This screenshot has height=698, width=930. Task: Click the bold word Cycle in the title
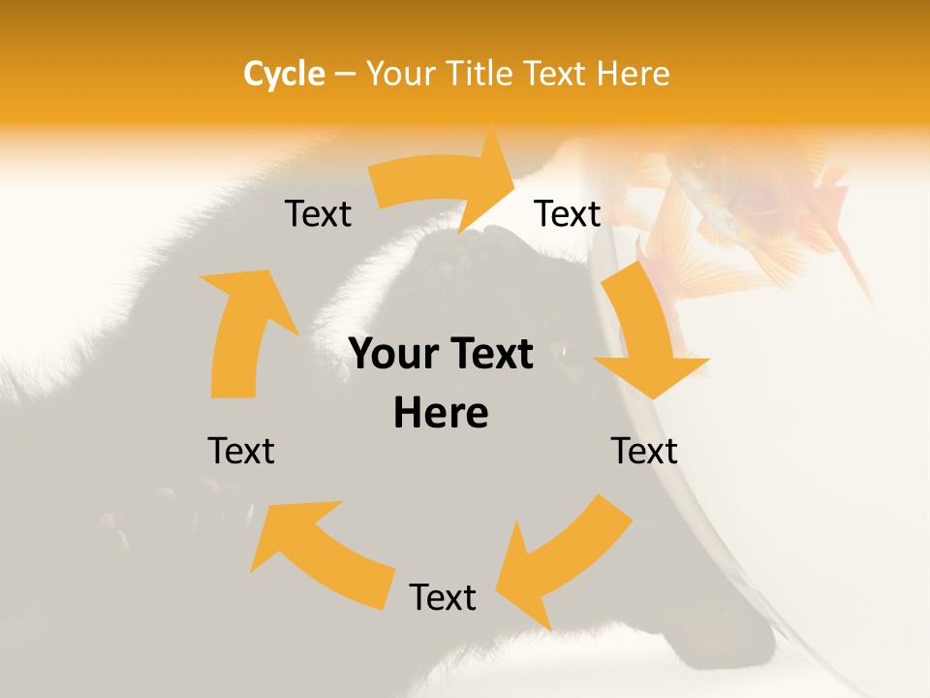click(284, 74)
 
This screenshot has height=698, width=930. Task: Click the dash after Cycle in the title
click(344, 75)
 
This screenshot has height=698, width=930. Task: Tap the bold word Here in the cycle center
click(441, 414)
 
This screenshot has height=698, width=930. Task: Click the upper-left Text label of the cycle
click(318, 214)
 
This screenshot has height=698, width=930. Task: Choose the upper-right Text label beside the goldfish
click(568, 214)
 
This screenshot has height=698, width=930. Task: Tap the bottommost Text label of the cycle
click(443, 598)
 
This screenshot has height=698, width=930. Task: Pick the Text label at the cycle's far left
click(241, 451)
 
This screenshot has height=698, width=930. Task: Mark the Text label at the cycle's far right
click(644, 451)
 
